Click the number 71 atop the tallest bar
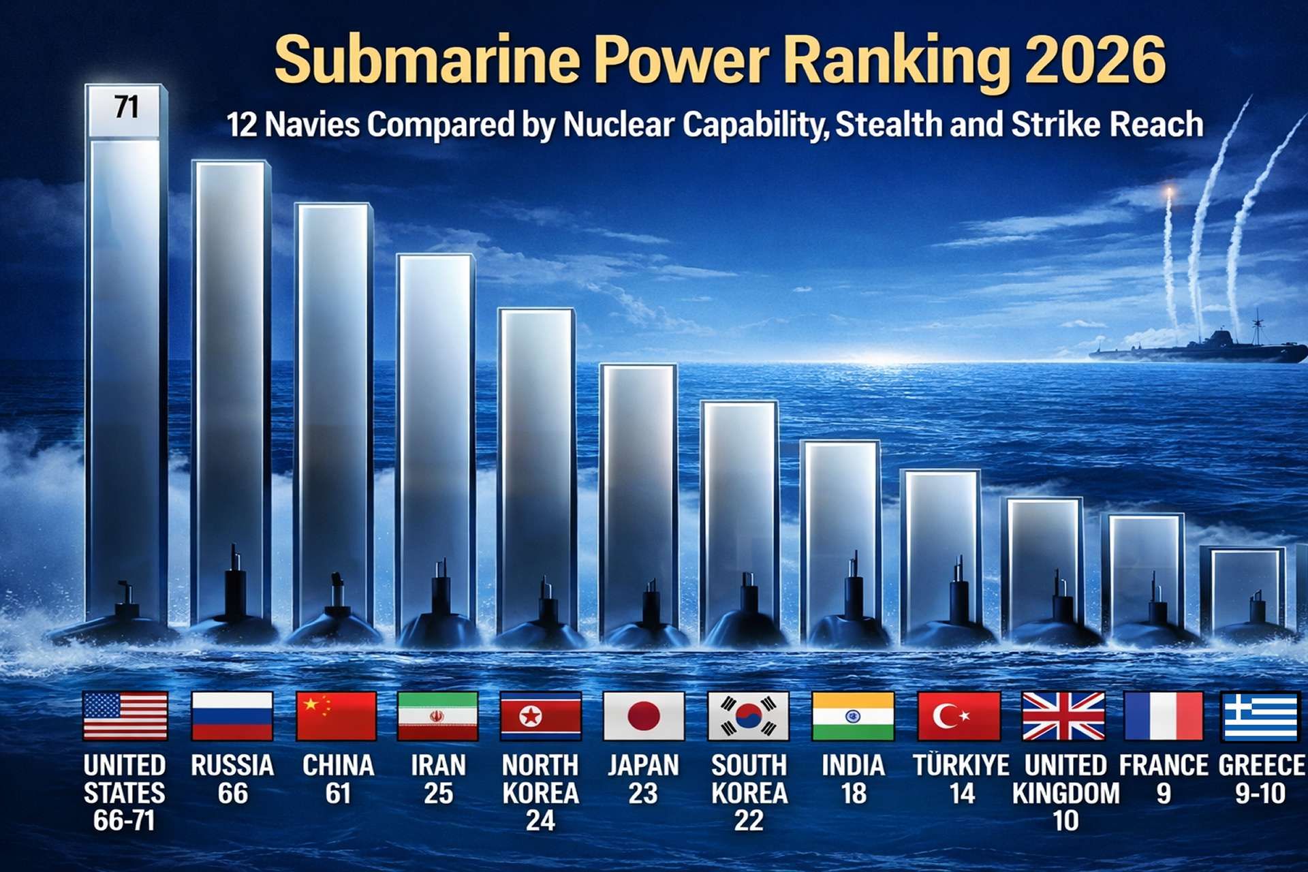(x=126, y=108)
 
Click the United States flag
(x=125, y=716)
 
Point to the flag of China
(x=337, y=716)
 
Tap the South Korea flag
(x=748, y=716)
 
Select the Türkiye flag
(x=959, y=716)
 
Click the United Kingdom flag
(x=1063, y=716)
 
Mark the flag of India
(x=853, y=716)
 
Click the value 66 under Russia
(x=232, y=794)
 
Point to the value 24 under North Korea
(x=540, y=821)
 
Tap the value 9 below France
(x=1164, y=794)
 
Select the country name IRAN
(x=438, y=765)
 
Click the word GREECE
(x=1262, y=765)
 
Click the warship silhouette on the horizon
(x=1206, y=347)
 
